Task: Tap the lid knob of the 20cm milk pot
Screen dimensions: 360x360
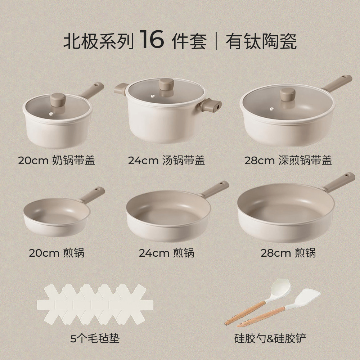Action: pos(58,99)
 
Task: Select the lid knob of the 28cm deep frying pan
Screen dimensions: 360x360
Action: pos(288,94)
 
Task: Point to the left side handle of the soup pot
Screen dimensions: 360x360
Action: pos(121,89)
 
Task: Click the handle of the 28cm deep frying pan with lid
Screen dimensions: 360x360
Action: pos(337,83)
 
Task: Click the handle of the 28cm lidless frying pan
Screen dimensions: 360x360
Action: pos(338,182)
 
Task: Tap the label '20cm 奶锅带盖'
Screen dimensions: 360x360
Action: pos(57,160)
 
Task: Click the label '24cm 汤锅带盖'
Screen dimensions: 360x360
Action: pos(166,160)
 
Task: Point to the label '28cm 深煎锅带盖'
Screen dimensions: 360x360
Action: pos(288,160)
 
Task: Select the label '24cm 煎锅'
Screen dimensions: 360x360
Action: pos(166,253)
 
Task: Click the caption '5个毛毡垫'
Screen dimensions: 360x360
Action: pos(95,338)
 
